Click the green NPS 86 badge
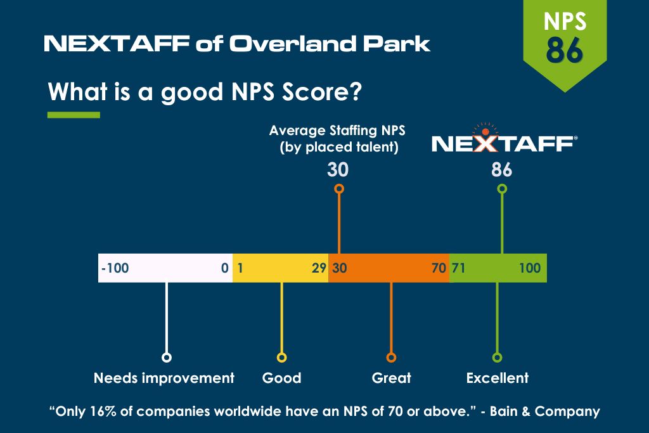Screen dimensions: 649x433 565,41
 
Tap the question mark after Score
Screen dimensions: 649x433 355,91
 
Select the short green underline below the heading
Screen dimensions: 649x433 74,115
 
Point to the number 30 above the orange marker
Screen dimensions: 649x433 338,170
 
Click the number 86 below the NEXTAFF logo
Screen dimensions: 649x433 502,170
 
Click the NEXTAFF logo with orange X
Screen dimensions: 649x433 504,139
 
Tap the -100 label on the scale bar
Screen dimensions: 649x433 115,268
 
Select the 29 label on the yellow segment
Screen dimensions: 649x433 319,268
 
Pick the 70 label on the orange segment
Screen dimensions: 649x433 439,268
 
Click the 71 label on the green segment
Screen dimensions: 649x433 459,268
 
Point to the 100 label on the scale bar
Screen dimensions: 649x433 530,268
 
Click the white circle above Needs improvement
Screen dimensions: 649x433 167,358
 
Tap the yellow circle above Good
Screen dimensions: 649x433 281,358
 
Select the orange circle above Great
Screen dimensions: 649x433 391,358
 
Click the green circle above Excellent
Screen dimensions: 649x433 497,358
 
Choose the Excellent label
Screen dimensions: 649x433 498,378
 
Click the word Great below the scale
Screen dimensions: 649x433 392,378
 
